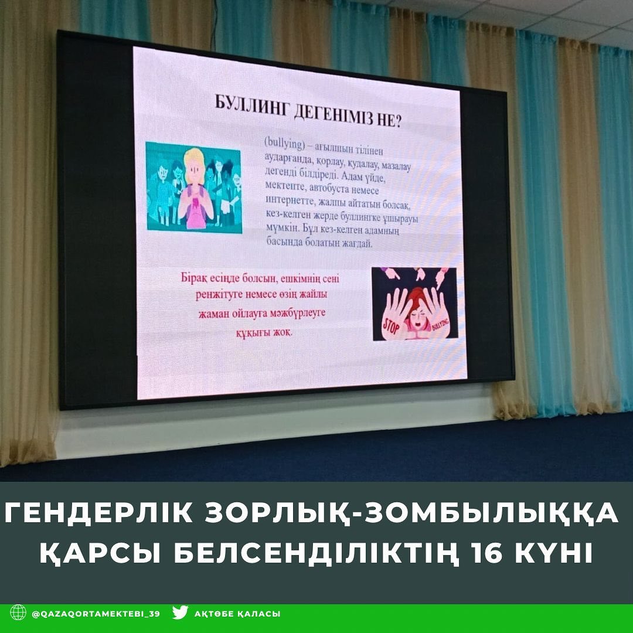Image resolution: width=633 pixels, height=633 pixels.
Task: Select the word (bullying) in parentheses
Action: tap(284, 144)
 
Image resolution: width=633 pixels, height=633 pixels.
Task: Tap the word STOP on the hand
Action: tap(391, 325)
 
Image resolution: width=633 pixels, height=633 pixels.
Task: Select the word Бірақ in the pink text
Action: tap(194, 278)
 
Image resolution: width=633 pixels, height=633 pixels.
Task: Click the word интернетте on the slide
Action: tap(289, 200)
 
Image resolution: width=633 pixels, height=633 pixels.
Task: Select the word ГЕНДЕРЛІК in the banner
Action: tap(98, 513)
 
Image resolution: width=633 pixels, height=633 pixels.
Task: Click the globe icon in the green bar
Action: tap(18, 612)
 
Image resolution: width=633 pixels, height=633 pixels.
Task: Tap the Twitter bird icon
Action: tap(180, 612)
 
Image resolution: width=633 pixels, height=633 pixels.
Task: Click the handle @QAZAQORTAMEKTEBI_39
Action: tap(96, 614)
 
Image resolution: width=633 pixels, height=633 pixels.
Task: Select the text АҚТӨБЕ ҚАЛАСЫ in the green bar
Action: tap(237, 614)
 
